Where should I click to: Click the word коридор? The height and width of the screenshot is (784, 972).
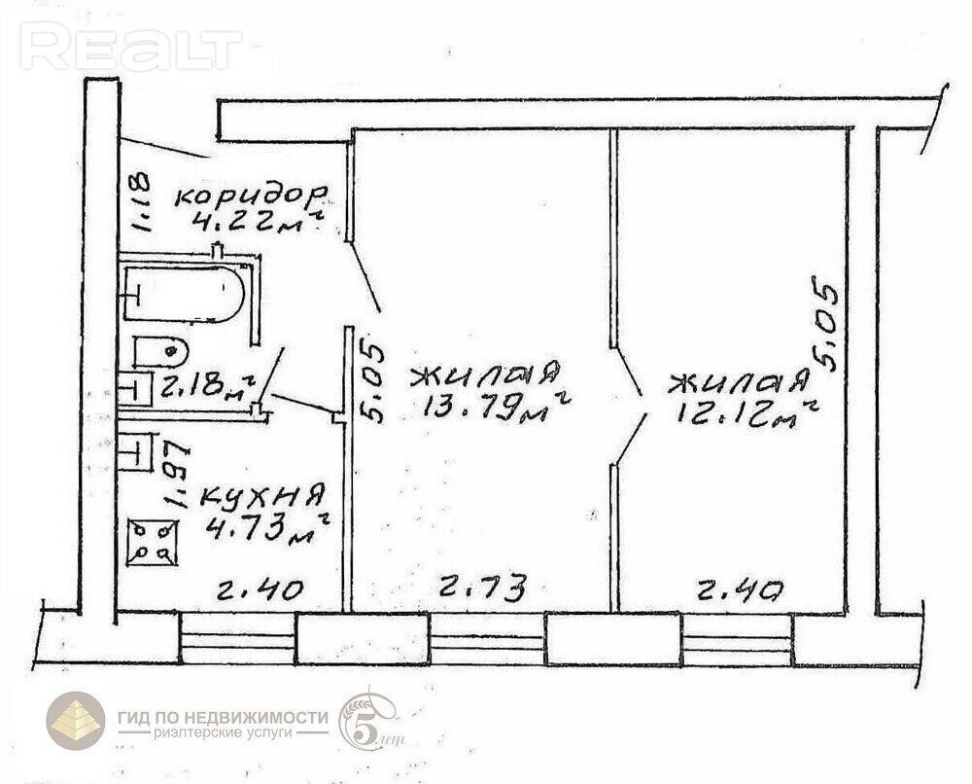[251, 196]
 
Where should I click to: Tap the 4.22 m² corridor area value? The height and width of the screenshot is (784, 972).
[258, 221]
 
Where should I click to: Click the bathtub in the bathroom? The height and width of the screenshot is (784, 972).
[184, 294]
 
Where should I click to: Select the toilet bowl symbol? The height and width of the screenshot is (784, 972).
[160, 352]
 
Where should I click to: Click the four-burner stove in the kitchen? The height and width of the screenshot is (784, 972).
[152, 543]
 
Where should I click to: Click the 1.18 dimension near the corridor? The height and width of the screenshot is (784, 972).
[141, 201]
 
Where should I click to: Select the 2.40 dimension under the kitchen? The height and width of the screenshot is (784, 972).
[260, 589]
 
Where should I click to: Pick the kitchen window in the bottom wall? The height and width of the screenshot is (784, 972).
[237, 638]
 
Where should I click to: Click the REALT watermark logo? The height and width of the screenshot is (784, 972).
[131, 46]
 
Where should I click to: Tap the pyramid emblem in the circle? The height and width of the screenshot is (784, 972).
[76, 722]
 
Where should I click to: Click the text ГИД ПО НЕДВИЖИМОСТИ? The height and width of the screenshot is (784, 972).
[224, 718]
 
